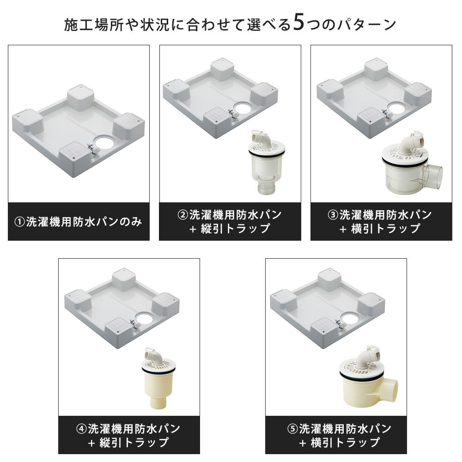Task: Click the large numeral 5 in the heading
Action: tap(299, 23)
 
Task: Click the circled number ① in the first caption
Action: tap(19, 222)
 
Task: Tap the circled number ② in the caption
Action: tap(182, 215)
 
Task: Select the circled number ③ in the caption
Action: tap(333, 215)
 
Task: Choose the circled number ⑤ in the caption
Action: tap(292, 429)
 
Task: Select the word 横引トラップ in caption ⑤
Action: tap(345, 443)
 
